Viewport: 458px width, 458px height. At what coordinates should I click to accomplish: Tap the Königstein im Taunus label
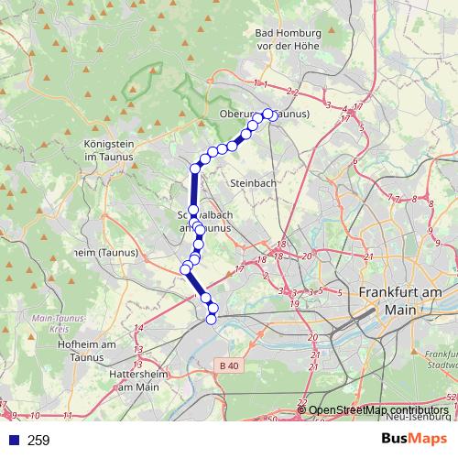[108, 150]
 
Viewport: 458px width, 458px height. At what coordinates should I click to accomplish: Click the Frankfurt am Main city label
[399, 300]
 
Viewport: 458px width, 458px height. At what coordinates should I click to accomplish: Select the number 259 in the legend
[38, 440]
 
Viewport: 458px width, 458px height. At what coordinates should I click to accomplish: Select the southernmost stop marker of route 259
[212, 318]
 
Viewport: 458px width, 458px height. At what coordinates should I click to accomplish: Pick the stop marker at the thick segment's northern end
[195, 169]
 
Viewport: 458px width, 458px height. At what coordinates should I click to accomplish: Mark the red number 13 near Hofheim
[137, 351]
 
